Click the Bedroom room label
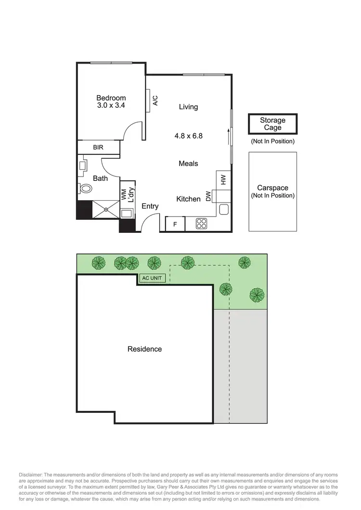click(111, 98)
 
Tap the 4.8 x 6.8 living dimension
click(188, 136)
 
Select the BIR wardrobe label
click(98, 148)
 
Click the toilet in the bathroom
click(85, 188)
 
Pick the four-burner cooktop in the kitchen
click(201, 223)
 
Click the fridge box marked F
click(175, 224)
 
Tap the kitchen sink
click(223, 209)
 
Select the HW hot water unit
click(223, 179)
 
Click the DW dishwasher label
click(208, 196)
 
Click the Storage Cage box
click(272, 124)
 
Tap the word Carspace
click(272, 188)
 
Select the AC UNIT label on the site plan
click(153, 278)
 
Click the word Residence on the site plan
click(144, 349)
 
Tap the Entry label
click(150, 206)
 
